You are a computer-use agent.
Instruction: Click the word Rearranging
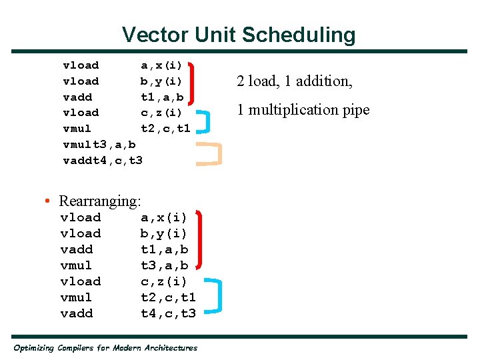pyautogui.click(x=100, y=201)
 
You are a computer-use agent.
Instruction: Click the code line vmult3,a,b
pyautogui.click(x=99, y=145)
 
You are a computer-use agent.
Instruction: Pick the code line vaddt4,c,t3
pyautogui.click(x=102, y=161)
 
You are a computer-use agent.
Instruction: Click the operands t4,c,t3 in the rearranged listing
pyautogui.click(x=168, y=313)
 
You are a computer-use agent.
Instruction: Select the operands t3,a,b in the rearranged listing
pyautogui.click(x=164, y=265)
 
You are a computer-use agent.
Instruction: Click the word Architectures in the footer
pyautogui.click(x=170, y=348)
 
